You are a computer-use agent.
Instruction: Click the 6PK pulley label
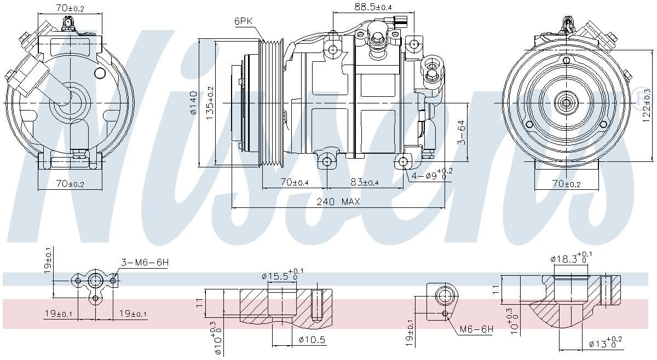(244, 21)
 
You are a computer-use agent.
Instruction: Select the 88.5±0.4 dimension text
(373, 7)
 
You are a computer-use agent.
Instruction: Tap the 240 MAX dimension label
(338, 201)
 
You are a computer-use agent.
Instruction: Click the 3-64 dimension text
(462, 132)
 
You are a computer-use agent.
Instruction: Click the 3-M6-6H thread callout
(145, 263)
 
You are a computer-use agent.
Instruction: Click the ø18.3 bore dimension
(571, 258)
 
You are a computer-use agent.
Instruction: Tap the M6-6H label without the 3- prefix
(476, 329)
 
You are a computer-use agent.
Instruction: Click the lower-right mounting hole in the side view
(404, 161)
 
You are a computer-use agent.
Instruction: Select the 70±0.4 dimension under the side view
(294, 182)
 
